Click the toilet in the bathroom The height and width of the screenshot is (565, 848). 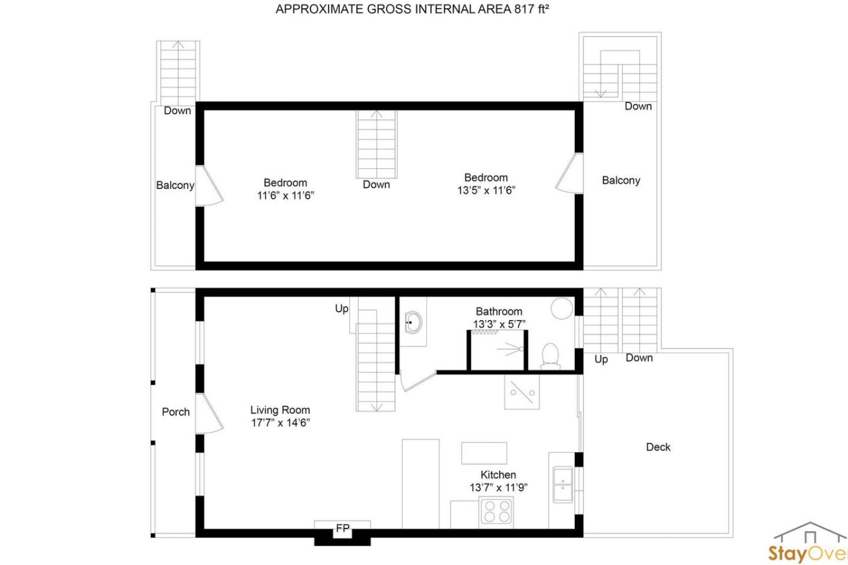[x=550, y=357]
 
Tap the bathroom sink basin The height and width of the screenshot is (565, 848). [x=413, y=323]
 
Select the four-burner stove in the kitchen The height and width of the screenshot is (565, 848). [x=497, y=511]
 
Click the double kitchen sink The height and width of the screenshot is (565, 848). [x=563, y=485]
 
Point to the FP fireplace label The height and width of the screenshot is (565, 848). [x=342, y=529]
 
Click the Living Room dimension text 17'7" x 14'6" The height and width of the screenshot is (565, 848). [x=281, y=422]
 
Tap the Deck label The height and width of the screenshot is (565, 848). [x=658, y=447]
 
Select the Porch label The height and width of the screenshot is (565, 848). [x=176, y=412]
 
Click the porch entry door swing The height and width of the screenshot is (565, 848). [x=209, y=413]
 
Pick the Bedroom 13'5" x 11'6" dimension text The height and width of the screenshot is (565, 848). [x=486, y=190]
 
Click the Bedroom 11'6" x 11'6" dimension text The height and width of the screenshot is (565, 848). [x=285, y=195]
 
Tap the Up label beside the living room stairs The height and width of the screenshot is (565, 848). [x=342, y=309]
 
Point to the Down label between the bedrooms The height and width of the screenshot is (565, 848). [x=376, y=185]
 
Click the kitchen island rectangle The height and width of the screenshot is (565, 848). [x=484, y=453]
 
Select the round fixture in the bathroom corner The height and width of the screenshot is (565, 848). [x=562, y=308]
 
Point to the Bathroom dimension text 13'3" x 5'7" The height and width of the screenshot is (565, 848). [x=499, y=325]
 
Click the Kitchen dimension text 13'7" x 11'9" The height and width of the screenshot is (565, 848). [x=499, y=487]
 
